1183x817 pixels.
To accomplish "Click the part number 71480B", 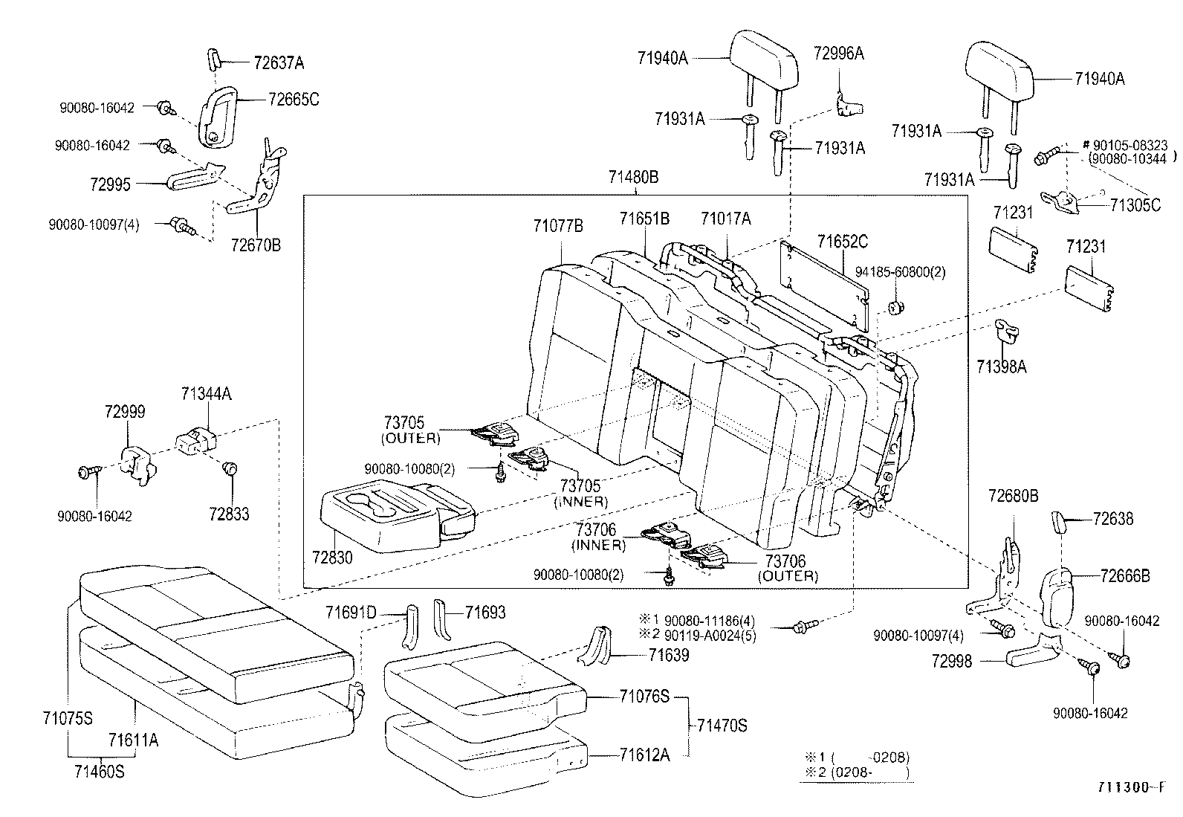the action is tap(633, 177).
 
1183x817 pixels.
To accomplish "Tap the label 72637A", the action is tap(279, 63).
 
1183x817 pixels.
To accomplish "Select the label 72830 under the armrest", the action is tap(332, 557).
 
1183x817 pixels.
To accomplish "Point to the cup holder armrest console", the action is tap(398, 516).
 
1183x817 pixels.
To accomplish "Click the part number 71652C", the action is tap(843, 242).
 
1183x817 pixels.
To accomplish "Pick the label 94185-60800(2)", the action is tap(901, 272).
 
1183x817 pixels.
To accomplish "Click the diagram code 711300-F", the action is tap(1131, 787).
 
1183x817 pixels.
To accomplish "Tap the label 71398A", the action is tap(1002, 366).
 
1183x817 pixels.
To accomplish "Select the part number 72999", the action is tap(125, 412).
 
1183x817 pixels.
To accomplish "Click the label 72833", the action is tap(229, 514).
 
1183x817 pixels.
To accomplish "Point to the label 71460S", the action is tap(100, 772).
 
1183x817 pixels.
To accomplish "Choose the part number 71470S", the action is tap(722, 726).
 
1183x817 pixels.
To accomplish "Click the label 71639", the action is tap(669, 655).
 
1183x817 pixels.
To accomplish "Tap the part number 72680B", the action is tap(1014, 496).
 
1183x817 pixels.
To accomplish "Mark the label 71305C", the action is tap(1135, 205).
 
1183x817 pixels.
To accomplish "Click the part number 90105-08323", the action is tap(1130, 145).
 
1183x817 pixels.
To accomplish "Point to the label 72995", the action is tap(110, 184).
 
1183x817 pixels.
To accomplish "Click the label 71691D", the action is tap(351, 613).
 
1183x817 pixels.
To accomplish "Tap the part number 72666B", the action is tap(1125, 575).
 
